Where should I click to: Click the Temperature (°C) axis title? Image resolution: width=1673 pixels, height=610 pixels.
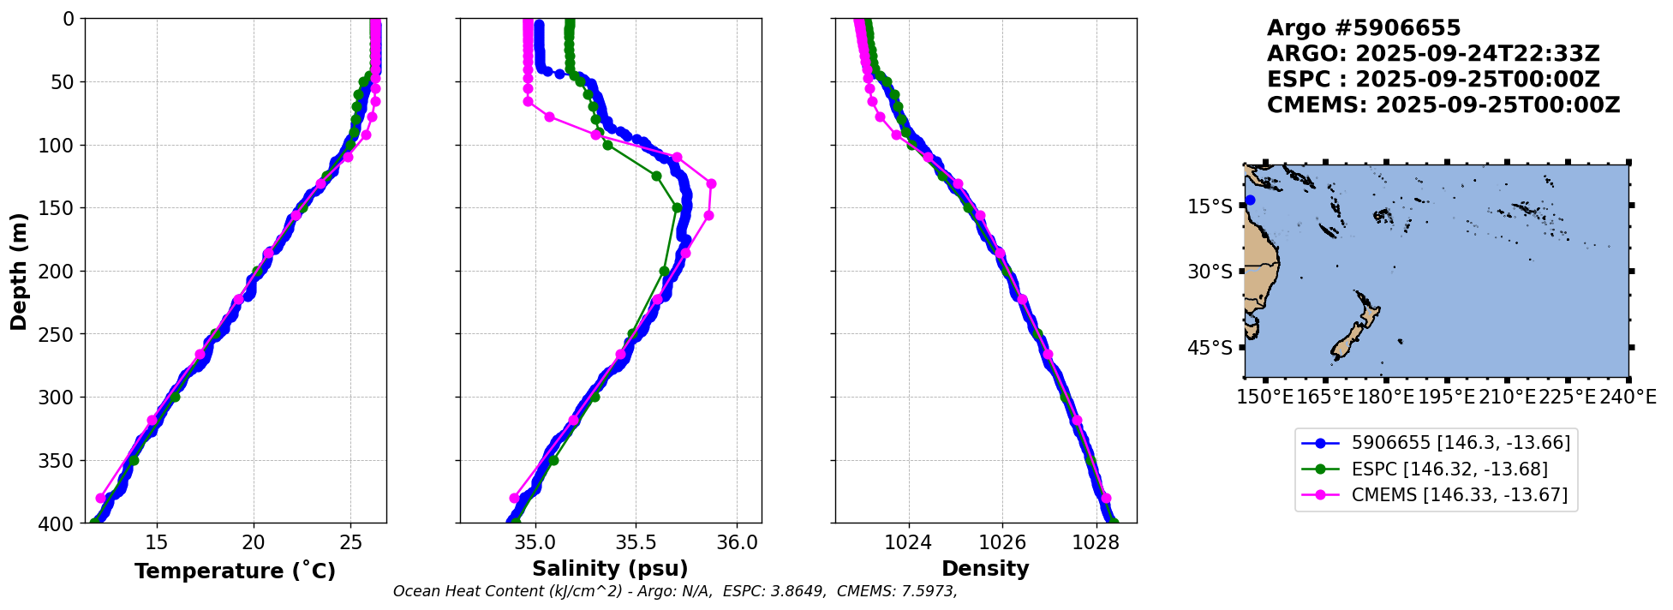[235, 571]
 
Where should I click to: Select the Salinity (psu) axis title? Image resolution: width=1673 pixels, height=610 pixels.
[610, 569]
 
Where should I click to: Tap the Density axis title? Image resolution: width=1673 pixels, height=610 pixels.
[985, 569]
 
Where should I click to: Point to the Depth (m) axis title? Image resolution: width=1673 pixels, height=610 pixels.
[19, 271]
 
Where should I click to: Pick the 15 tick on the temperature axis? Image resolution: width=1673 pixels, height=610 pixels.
[157, 542]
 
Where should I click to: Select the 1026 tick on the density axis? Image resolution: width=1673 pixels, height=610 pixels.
[1002, 542]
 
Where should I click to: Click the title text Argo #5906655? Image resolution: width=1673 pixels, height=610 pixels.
[1364, 28]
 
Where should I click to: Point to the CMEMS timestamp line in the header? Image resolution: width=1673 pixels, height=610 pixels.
[1443, 105]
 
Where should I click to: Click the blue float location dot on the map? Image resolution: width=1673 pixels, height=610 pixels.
[1250, 200]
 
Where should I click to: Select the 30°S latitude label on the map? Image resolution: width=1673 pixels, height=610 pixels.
[1210, 272]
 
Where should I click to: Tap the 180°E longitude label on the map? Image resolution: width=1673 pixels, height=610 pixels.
[1385, 398]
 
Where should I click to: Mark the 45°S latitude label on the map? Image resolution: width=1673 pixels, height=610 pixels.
[1210, 348]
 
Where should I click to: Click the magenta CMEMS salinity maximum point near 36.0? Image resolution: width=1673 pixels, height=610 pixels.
[711, 184]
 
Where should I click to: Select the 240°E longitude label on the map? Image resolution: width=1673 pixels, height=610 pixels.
[1627, 398]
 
